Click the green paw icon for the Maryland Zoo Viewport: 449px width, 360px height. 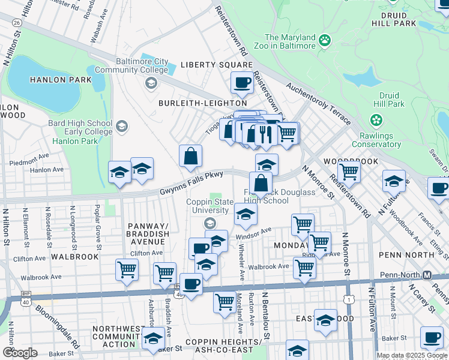(x=325, y=40)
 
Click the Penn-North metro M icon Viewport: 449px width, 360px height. (x=427, y=275)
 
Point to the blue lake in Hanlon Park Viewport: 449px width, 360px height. (x=42, y=81)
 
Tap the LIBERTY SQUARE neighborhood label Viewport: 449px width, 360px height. (x=217, y=65)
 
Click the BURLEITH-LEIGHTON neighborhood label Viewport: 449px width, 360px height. (x=194, y=103)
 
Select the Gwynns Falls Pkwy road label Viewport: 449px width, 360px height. (x=191, y=183)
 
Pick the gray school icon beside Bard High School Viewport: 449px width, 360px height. (x=122, y=126)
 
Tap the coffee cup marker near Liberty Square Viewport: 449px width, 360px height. (x=242, y=82)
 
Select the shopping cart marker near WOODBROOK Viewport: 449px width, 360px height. (x=349, y=171)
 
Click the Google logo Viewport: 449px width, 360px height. (x=19, y=353)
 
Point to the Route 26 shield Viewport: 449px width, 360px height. (x=17, y=22)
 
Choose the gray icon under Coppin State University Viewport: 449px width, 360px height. (x=209, y=224)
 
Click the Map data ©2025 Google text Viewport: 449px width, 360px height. (x=412, y=355)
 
